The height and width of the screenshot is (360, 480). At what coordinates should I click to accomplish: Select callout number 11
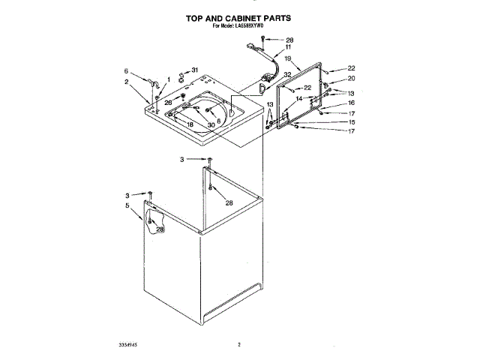[288, 47]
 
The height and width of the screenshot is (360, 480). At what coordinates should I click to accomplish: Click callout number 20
[350, 79]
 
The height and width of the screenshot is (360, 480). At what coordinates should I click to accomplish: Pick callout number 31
[196, 70]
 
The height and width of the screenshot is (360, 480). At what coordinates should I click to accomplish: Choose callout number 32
[287, 75]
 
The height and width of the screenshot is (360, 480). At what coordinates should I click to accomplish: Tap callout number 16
[350, 103]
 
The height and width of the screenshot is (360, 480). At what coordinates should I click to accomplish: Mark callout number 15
[350, 121]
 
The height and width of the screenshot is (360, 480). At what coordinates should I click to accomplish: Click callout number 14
[298, 98]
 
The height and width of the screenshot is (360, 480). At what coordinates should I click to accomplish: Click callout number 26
[169, 102]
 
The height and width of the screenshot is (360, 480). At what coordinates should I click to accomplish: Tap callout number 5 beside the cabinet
[127, 205]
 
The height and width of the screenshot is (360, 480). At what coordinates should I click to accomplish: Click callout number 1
[169, 79]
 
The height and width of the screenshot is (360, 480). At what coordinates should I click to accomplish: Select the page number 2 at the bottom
[238, 345]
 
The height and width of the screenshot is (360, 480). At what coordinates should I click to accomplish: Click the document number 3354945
[129, 345]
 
